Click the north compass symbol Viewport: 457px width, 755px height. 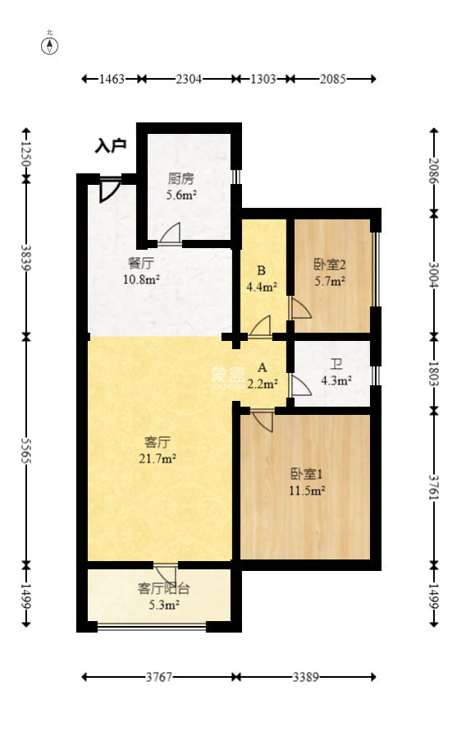50,44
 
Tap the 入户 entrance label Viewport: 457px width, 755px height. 110,146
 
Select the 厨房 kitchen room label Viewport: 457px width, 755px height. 181,178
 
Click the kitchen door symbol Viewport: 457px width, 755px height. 171,235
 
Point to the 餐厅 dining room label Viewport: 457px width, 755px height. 141,264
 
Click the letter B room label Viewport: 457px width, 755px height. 261,270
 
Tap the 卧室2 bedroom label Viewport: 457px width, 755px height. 329,265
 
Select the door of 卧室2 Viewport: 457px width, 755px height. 299,308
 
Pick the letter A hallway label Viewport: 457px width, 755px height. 262,367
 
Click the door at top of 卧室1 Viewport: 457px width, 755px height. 263,421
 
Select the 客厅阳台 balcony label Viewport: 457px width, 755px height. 163,588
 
